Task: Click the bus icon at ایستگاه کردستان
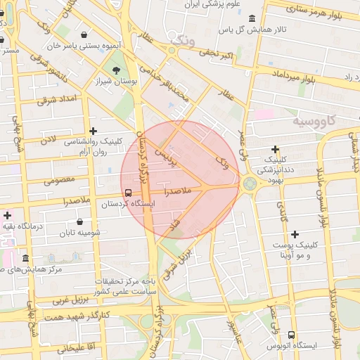[x=127, y=192]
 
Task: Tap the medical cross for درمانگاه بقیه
[x=8, y=214]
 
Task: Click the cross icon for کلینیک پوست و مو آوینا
[x=295, y=233]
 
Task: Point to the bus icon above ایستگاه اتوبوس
[x=292, y=335]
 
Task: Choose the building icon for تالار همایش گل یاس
[x=252, y=17]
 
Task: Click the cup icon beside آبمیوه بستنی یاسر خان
[x=84, y=34]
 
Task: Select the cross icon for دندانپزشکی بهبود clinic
[x=275, y=150]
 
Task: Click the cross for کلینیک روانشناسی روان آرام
[x=94, y=130]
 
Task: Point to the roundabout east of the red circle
[x=249, y=184]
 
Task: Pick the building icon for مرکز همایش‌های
[x=26, y=258]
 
